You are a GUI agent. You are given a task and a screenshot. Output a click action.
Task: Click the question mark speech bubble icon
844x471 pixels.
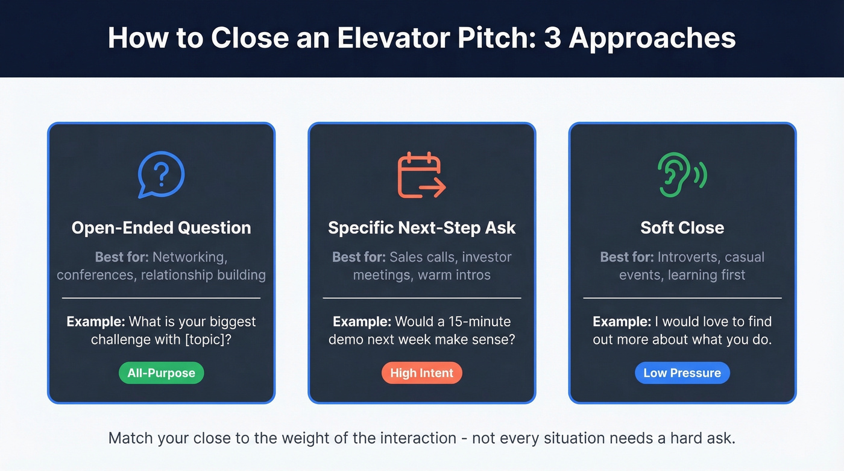pos(161,175)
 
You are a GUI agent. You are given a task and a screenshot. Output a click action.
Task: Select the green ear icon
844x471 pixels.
pos(681,175)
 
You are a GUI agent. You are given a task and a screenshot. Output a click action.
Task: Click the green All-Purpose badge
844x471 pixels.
pos(161,373)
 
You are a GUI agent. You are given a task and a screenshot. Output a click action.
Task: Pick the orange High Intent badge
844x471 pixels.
pos(421,373)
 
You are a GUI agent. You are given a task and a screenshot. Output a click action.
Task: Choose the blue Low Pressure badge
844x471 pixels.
pos(682,373)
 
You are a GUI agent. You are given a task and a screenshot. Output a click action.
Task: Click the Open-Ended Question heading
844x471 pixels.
pos(161,228)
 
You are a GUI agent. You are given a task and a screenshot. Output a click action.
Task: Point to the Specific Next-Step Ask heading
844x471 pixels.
pos(421,228)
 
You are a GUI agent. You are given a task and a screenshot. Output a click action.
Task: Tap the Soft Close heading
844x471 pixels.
pos(682,228)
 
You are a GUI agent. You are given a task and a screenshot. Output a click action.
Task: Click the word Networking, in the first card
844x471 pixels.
pos(190,257)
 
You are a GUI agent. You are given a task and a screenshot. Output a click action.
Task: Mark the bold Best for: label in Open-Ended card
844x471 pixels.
pos(122,257)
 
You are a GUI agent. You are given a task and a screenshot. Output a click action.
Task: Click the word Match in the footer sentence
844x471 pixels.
pos(130,438)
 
